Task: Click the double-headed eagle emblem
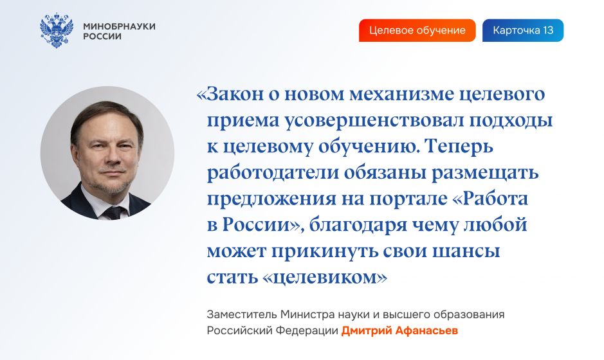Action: pyautogui.click(x=57, y=30)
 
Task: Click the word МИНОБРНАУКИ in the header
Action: pyautogui.click(x=120, y=26)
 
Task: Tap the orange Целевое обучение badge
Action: pyautogui.click(x=417, y=30)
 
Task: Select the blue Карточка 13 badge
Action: pyautogui.click(x=523, y=30)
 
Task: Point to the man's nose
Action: pyautogui.click(x=112, y=156)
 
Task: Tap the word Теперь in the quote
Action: pyautogui.click(x=459, y=147)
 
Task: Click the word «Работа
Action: pyautogui.click(x=488, y=199)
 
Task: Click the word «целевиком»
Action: pyautogui.click(x=325, y=278)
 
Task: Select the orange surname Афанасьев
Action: pyautogui.click(x=427, y=330)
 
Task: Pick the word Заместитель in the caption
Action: pyautogui.click(x=242, y=314)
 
